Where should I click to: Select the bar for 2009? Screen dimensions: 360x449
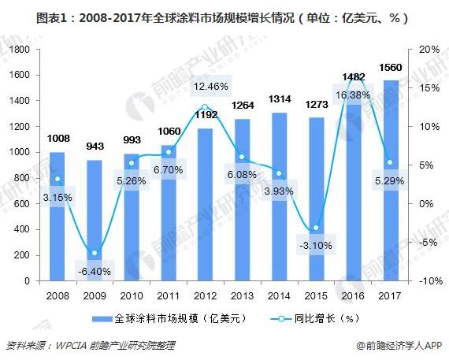point(94,221)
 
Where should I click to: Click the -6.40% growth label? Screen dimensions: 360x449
point(94,272)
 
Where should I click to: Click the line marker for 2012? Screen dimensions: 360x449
point(205,107)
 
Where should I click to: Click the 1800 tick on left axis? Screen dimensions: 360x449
point(20,49)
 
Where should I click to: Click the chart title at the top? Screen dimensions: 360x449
point(224,15)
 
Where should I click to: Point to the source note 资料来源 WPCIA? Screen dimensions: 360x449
point(91,345)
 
